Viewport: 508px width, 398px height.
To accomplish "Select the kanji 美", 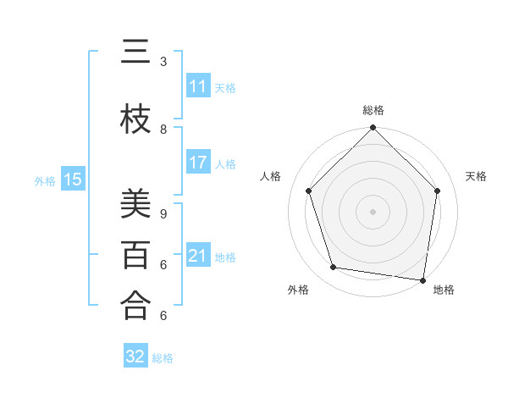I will [x=135, y=203].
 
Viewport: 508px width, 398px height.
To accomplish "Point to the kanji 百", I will [x=135, y=255].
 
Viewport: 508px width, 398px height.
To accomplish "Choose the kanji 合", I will [x=135, y=306].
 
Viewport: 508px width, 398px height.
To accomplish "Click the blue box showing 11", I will [x=198, y=86].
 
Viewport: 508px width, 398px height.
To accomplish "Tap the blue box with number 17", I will [x=198, y=163].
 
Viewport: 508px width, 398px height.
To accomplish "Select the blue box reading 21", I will [x=198, y=256].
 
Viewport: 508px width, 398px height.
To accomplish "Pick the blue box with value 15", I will [x=73, y=179].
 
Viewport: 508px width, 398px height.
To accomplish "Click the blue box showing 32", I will [x=135, y=357].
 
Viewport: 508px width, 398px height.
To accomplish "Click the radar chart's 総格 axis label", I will [x=373, y=110].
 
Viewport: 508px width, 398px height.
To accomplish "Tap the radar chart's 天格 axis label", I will [x=476, y=176].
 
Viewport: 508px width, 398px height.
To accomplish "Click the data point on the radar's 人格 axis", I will [x=308, y=191].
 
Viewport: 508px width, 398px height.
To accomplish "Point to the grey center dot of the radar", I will [x=373, y=211].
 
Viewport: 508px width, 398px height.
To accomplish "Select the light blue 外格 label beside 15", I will [x=44, y=180].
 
